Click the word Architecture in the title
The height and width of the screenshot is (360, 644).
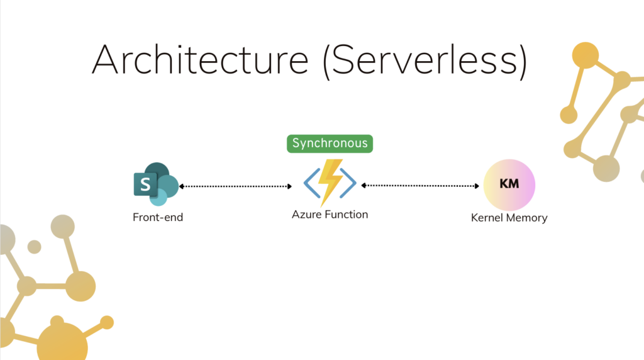[200, 60]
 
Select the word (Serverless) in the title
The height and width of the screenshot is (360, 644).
[425, 61]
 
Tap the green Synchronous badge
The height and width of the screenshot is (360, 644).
[330, 143]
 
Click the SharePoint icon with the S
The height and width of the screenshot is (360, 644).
[156, 184]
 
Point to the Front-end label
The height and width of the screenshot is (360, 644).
[158, 217]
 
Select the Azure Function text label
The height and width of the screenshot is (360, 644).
[330, 214]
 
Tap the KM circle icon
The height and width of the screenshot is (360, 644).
[509, 185]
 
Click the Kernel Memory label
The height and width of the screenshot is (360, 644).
[509, 217]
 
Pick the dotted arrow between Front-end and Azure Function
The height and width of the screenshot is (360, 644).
[236, 186]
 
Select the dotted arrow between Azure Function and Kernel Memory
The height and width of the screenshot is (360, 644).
[420, 186]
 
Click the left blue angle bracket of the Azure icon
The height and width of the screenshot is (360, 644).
[311, 183]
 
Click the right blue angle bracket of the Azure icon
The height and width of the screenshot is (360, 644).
[348, 183]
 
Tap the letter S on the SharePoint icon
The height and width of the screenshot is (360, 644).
[145, 184]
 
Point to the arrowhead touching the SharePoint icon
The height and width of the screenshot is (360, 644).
[182, 186]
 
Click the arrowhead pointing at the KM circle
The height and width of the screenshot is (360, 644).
[477, 186]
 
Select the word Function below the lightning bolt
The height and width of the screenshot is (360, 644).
[347, 214]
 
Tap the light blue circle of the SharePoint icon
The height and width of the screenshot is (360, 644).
[158, 197]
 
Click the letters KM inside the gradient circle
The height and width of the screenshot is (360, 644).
[509, 184]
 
